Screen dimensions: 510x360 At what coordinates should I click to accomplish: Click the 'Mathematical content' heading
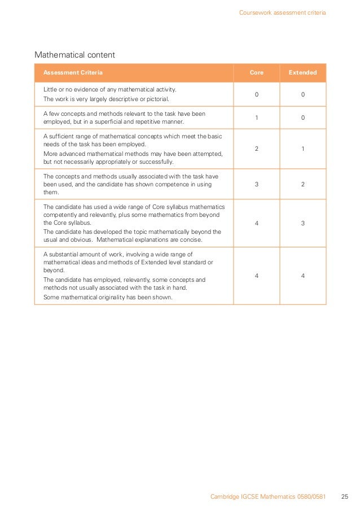coord(74,55)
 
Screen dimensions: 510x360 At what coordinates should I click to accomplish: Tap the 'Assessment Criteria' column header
coord(73,73)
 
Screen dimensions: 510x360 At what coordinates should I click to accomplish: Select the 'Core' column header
coord(257,73)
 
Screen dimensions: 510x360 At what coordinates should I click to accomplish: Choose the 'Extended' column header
coord(302,73)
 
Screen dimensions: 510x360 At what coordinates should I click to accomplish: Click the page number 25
coord(344,497)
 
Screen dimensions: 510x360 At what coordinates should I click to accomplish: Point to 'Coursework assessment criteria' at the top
coord(282,12)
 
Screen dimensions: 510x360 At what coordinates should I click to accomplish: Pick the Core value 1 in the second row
coord(257,117)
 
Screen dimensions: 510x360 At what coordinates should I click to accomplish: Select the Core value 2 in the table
coord(257,149)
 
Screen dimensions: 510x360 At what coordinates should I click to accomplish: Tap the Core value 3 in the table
coord(257,184)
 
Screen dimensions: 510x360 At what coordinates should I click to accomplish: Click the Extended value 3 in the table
coord(302,223)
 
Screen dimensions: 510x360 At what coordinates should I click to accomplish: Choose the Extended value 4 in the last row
coord(302,275)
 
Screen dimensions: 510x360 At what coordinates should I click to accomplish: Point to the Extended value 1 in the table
coord(302,149)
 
